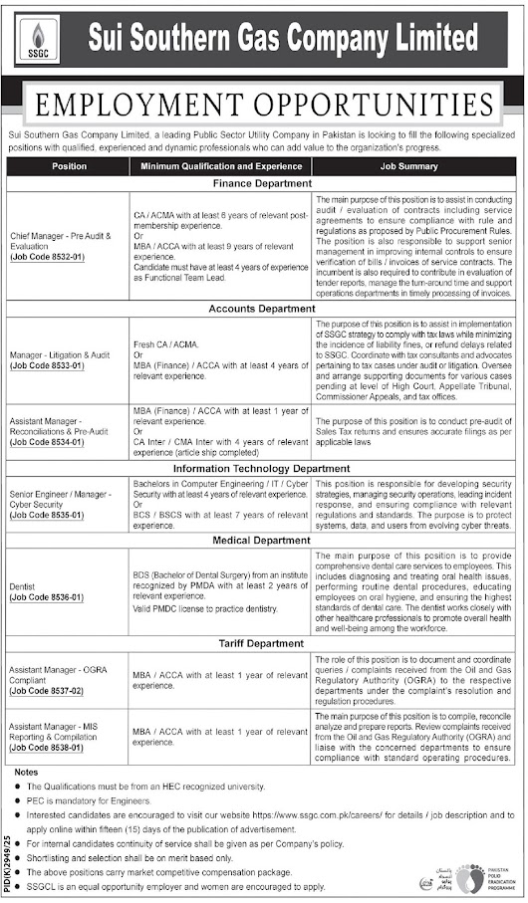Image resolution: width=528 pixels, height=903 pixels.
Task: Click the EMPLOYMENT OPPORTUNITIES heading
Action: pyautogui.click(x=264, y=104)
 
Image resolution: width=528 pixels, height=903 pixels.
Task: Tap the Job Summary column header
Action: pyautogui.click(x=410, y=166)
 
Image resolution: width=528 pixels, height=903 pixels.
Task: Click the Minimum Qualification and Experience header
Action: pyautogui.click(x=220, y=166)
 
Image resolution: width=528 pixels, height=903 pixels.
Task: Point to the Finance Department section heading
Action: pyautogui.click(x=261, y=184)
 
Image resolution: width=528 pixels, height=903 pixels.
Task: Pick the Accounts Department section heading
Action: pyautogui.click(x=261, y=309)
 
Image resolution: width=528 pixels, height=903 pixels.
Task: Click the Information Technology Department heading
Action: pyautogui.click(x=261, y=468)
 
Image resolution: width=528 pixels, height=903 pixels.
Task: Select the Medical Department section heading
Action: pyautogui.click(x=261, y=541)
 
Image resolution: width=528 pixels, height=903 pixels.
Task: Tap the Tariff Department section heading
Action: pyautogui.click(x=261, y=642)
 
